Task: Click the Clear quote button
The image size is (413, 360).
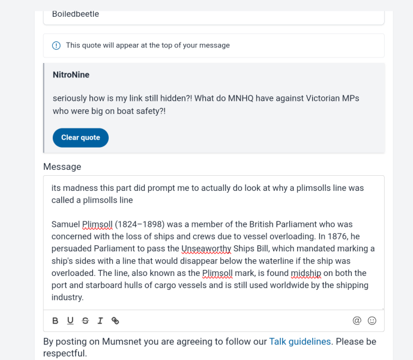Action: (x=80, y=137)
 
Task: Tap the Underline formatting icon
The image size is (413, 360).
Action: (x=70, y=320)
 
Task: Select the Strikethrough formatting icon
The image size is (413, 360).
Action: (x=85, y=320)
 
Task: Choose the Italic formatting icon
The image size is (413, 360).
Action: (x=100, y=320)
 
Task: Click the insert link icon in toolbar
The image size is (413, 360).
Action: (x=115, y=320)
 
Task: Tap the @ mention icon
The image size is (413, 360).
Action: (x=357, y=320)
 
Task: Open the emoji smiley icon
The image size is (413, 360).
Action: (x=372, y=320)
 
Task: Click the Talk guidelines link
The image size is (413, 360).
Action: (x=300, y=341)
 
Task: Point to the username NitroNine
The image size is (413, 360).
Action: (x=71, y=75)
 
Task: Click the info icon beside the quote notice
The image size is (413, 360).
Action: (x=56, y=46)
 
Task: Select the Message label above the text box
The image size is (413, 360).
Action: (x=62, y=166)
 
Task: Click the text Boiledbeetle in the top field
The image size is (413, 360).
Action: (x=76, y=14)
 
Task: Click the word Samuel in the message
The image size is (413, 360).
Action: (x=66, y=224)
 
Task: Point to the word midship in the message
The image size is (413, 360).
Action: (x=306, y=273)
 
